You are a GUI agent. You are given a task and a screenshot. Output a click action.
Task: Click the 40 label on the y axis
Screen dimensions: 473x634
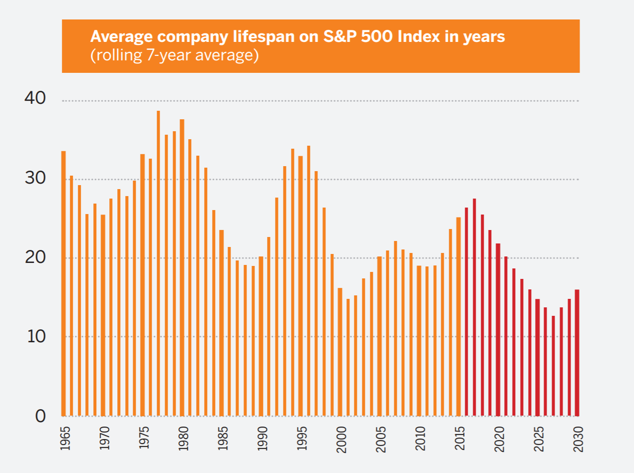point(34,98)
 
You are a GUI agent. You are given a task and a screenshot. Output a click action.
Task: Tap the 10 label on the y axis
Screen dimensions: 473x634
point(34,336)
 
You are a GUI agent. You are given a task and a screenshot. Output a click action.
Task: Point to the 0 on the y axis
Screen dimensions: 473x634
point(40,416)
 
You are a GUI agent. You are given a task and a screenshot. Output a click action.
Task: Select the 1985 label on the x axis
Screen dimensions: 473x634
point(222,439)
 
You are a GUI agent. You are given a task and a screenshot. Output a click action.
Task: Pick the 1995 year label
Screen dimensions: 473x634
point(301,439)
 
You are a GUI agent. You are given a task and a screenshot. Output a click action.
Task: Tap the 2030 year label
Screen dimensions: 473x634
point(578,439)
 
